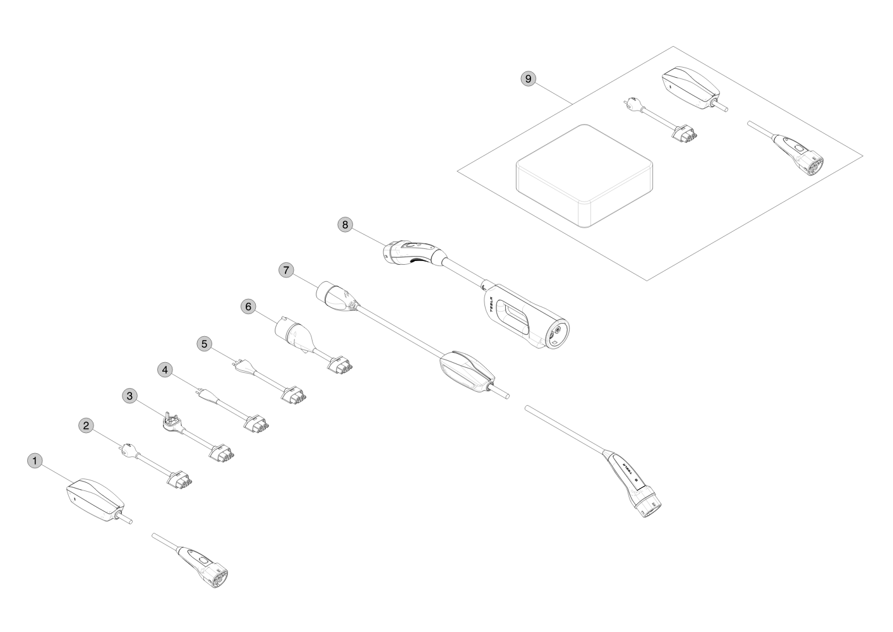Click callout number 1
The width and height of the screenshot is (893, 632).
[x=36, y=461]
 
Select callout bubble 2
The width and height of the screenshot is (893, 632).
[x=87, y=425]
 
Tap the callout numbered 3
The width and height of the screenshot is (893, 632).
[x=129, y=396]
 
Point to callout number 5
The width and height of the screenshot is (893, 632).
[x=204, y=344]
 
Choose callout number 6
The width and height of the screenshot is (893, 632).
[x=248, y=307]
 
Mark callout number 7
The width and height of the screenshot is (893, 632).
[x=286, y=270]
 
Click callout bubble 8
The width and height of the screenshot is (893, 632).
[x=345, y=224]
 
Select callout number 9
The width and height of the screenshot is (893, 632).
[x=529, y=78]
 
